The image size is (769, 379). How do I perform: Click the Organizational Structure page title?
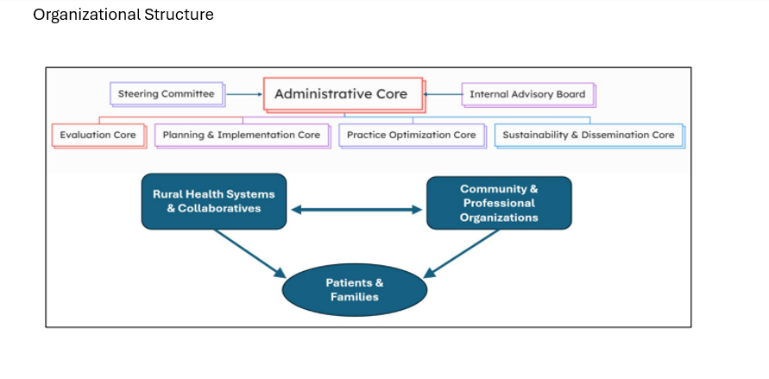click(123, 15)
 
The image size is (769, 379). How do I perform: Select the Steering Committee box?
click(167, 93)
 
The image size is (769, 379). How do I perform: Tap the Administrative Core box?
click(341, 94)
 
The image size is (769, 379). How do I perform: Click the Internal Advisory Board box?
click(527, 94)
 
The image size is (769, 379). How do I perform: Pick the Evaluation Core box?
click(98, 135)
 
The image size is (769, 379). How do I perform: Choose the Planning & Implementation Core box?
click(242, 135)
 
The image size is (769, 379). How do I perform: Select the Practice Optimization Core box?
click(411, 135)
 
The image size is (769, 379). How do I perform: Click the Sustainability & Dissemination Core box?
click(589, 135)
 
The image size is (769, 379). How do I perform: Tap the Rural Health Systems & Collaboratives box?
click(213, 202)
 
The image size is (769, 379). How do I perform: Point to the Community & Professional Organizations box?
click(499, 203)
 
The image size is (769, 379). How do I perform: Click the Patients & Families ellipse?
click(355, 289)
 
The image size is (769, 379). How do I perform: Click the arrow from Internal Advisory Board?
click(442, 94)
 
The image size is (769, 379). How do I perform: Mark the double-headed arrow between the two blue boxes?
click(356, 209)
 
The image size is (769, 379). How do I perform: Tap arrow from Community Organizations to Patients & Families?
click(462, 253)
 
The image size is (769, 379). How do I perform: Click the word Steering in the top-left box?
click(137, 93)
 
